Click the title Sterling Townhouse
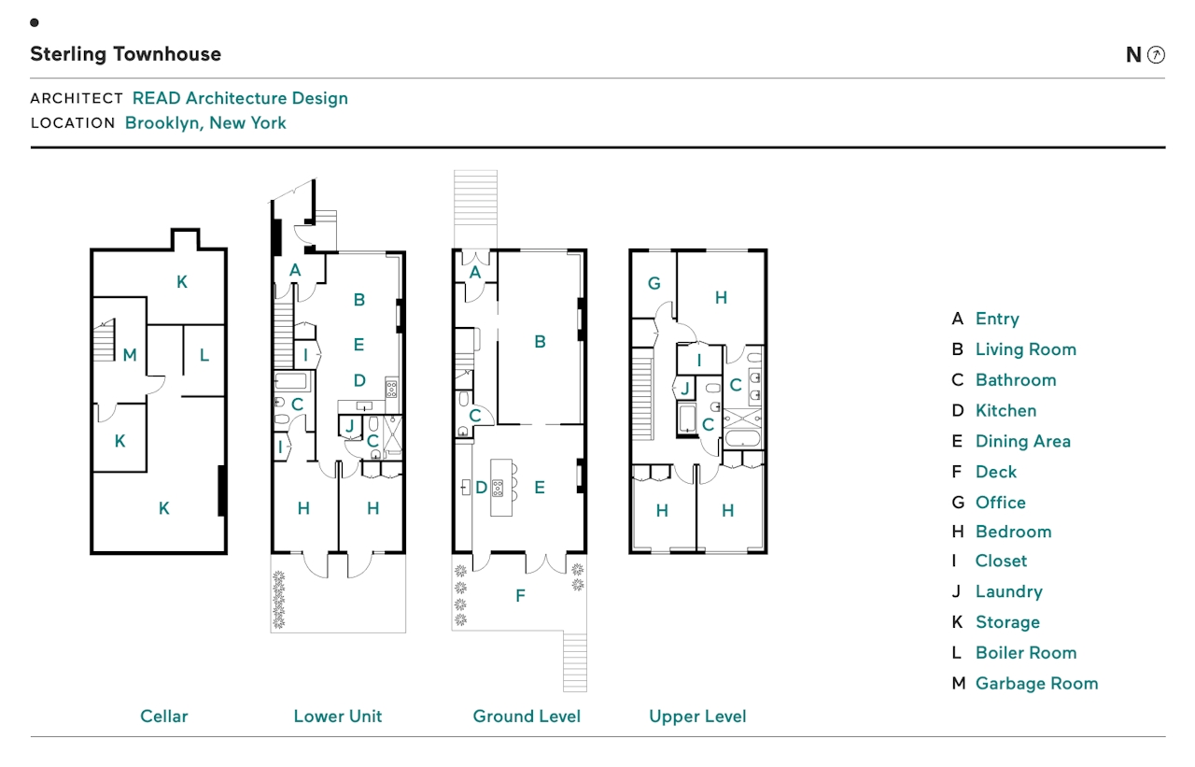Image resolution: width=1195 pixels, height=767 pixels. [125, 54]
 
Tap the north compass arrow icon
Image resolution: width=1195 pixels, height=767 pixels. [1156, 54]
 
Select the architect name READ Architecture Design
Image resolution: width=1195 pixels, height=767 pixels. [240, 98]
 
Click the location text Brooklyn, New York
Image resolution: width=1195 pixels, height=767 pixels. [205, 122]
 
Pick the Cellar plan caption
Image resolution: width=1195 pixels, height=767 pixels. [164, 717]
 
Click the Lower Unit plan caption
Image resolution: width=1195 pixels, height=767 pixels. [338, 717]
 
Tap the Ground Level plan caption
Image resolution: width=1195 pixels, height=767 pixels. [527, 717]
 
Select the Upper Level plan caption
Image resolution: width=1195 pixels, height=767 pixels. [697, 717]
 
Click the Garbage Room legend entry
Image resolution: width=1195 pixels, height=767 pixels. [1036, 683]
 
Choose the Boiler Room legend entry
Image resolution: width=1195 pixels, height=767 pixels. [1025, 652]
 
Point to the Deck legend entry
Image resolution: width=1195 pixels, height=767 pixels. [995, 472]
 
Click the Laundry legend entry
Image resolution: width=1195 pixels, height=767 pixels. [1008, 591]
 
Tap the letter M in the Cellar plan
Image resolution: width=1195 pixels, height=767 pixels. [130, 355]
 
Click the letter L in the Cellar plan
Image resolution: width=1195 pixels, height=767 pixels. [204, 355]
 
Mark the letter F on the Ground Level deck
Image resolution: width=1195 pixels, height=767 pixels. [521, 595]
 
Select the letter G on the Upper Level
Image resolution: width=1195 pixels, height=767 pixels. [654, 283]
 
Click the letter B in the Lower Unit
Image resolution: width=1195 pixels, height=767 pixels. [358, 300]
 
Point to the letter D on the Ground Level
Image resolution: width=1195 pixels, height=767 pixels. [481, 487]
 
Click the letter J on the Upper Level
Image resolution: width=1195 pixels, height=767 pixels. [684, 388]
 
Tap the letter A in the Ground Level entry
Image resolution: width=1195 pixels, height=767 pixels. [475, 272]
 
